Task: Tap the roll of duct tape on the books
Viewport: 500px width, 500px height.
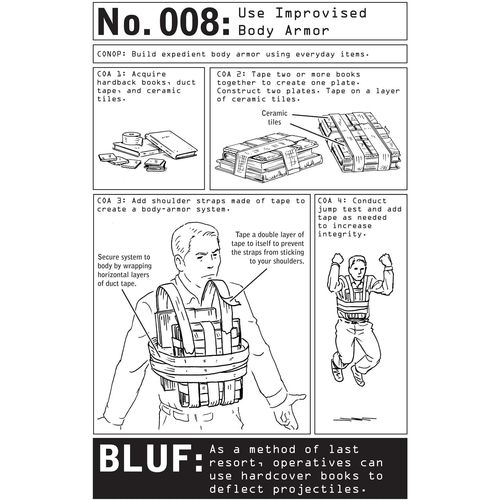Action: [x=132, y=138]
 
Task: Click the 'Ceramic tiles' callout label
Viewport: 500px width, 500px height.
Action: [x=274, y=118]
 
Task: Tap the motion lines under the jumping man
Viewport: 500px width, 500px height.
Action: [x=355, y=426]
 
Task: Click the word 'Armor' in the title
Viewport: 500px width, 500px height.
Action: [x=307, y=31]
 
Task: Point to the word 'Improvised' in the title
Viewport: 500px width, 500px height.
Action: [x=321, y=13]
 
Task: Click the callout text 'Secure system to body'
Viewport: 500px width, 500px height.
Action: [x=124, y=261]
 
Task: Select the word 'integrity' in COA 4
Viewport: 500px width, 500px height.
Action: [x=340, y=234]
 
